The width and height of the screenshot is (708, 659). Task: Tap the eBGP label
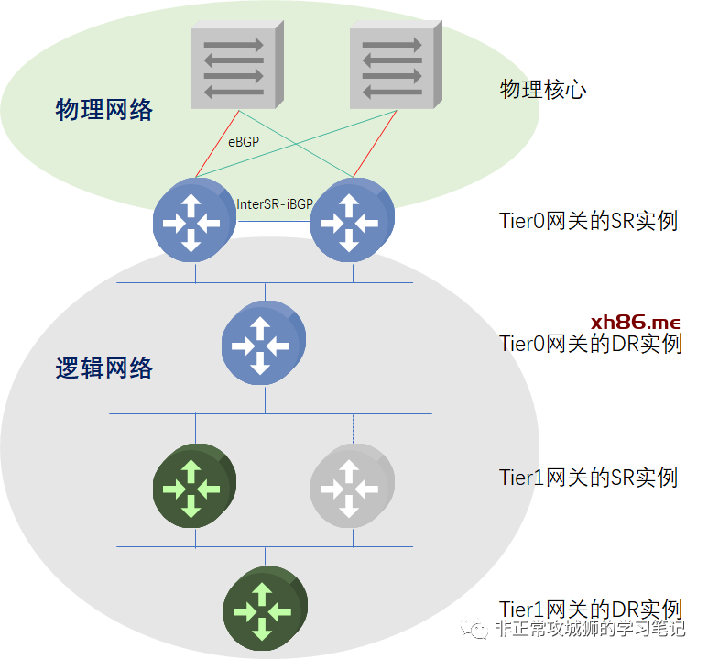click(244, 141)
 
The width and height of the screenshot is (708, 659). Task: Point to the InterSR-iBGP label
click(274, 204)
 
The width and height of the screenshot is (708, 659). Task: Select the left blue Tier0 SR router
click(193, 219)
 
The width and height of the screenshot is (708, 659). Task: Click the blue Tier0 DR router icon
click(264, 344)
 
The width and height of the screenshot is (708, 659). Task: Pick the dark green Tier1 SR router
click(193, 487)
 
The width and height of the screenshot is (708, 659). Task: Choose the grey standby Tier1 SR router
click(352, 487)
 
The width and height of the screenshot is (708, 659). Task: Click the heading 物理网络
click(104, 111)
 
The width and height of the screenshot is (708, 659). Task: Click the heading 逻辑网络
click(104, 369)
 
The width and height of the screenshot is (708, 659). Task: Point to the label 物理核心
click(543, 89)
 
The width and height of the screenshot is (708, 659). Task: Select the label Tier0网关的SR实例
click(588, 221)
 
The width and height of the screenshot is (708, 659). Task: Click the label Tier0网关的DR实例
click(590, 345)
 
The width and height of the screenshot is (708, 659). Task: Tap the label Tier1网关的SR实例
click(588, 478)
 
